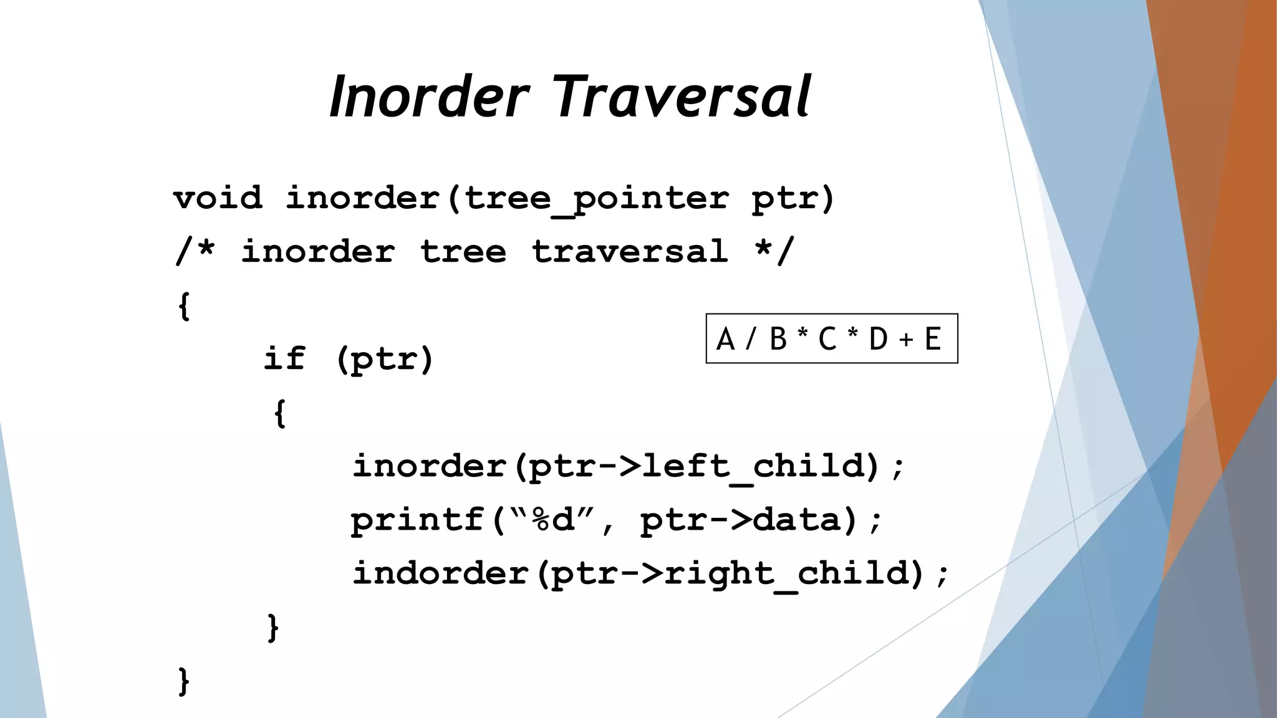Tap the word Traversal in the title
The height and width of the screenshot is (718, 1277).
(683, 97)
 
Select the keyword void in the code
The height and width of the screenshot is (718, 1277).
(218, 199)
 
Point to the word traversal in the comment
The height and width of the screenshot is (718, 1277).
(630, 252)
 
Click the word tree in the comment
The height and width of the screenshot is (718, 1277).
(463, 252)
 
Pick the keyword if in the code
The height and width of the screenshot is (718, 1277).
(284, 358)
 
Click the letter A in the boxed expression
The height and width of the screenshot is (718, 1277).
(725, 340)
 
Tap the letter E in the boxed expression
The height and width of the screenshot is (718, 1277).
(933, 340)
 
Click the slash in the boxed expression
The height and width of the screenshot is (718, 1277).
(751, 340)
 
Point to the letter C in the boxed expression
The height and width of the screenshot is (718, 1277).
(827, 340)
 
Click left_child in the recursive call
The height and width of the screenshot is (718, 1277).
(754, 466)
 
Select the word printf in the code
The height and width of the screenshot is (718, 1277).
(417, 520)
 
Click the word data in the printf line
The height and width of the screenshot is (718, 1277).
(796, 520)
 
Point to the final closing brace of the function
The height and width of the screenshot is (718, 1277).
(183, 681)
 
